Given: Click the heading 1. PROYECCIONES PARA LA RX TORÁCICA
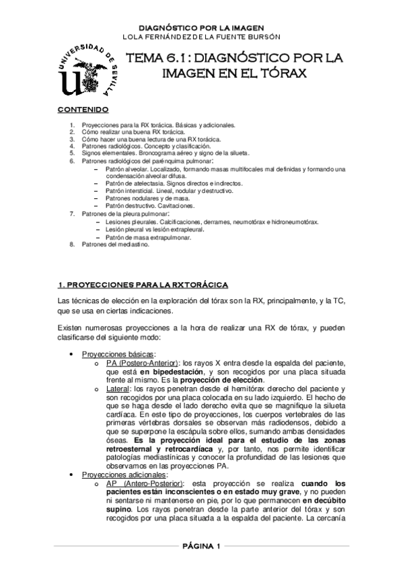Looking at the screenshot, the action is click(144, 285).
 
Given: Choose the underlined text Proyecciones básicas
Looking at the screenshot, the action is click(118, 354).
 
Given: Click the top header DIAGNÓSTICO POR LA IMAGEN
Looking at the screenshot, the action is click(200, 27).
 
